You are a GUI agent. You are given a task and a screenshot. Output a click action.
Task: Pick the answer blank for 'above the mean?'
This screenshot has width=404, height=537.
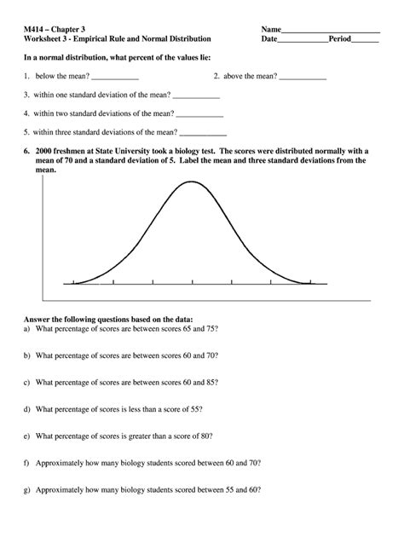[x=303, y=78]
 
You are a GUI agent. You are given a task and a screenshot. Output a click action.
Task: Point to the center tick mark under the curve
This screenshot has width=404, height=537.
[x=192, y=282]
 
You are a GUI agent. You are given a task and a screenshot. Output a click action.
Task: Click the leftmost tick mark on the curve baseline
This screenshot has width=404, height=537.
[x=74, y=282]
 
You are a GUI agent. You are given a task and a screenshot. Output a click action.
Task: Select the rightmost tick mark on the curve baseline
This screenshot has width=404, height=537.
[x=309, y=282]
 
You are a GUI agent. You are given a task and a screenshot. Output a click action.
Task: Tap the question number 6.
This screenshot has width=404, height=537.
[x=27, y=149]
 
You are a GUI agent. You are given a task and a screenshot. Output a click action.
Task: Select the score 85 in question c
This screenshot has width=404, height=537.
[x=211, y=383]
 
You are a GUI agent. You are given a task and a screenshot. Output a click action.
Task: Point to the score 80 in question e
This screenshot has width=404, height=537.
[x=209, y=437]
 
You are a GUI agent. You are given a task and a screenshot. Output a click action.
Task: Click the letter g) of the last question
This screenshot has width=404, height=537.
[x=27, y=492]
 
